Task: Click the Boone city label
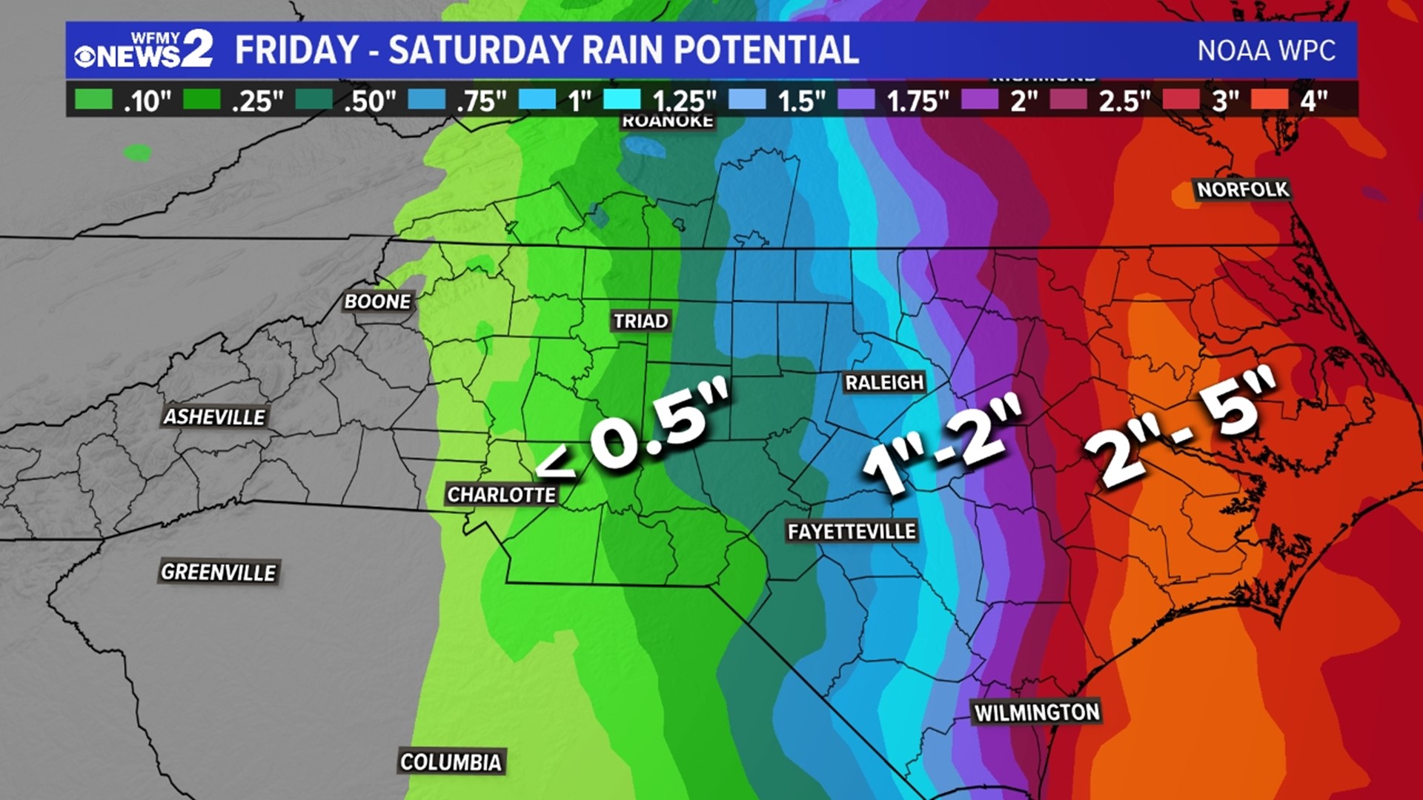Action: click(377, 301)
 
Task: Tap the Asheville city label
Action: click(214, 417)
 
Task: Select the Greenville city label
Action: click(218, 572)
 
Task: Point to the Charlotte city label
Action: click(501, 495)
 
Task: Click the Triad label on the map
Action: click(641, 321)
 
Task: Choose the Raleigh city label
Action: click(884, 382)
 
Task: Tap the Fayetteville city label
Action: click(852, 531)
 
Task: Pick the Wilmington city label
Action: click(1036, 713)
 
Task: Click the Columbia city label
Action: click(451, 761)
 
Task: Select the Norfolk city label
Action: click(1243, 190)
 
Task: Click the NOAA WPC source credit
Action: click(1266, 50)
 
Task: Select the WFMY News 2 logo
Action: click(144, 50)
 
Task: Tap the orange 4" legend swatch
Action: click(1270, 99)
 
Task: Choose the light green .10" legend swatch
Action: click(93, 99)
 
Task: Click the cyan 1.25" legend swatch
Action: click(622, 99)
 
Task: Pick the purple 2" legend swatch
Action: click(980, 99)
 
